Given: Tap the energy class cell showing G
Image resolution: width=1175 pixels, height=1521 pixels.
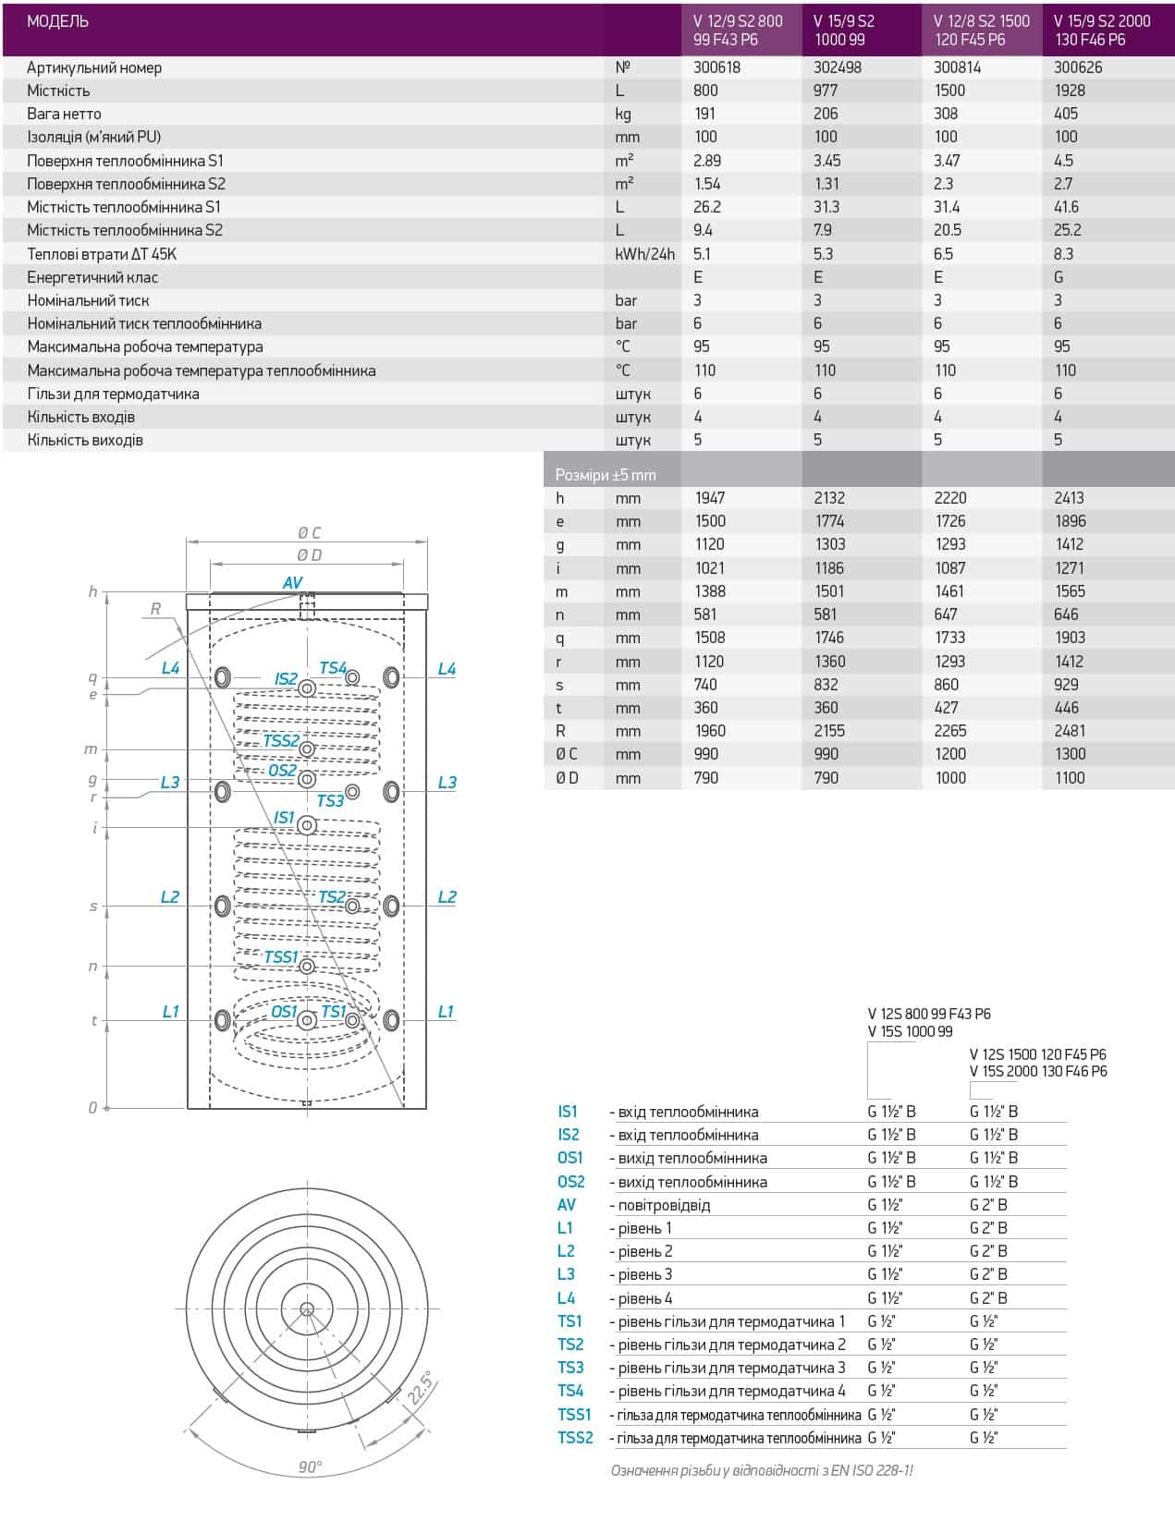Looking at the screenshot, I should coord(1059,277).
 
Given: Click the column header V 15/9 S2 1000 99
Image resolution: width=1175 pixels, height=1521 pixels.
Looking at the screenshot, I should coord(843,30).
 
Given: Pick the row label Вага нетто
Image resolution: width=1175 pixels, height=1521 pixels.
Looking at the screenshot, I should coord(64,114).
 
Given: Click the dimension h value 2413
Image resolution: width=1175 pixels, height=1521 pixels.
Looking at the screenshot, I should coord(1069,498).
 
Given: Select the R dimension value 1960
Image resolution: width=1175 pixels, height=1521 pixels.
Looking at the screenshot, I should coord(710,731).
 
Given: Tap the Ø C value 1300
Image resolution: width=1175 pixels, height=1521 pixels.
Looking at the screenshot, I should coord(1070,754).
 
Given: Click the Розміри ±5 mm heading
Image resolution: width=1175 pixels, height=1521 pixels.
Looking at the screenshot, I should coord(605,475).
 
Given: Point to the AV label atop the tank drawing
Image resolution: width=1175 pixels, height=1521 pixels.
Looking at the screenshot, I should coord(292,583).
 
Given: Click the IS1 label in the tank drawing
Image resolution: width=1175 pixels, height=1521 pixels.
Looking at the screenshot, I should coord(284,818).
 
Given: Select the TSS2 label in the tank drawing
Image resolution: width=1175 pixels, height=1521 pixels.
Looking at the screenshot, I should coord(280,741).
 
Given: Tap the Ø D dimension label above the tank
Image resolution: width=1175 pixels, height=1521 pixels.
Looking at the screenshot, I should coord(309,554).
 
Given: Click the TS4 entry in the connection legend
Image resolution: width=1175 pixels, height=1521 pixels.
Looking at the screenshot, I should coord(569,1391).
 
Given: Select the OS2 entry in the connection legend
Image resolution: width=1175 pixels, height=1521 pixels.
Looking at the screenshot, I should coord(570,1182).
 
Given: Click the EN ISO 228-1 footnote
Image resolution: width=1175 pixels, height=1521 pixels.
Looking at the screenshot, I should coord(762,1470).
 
